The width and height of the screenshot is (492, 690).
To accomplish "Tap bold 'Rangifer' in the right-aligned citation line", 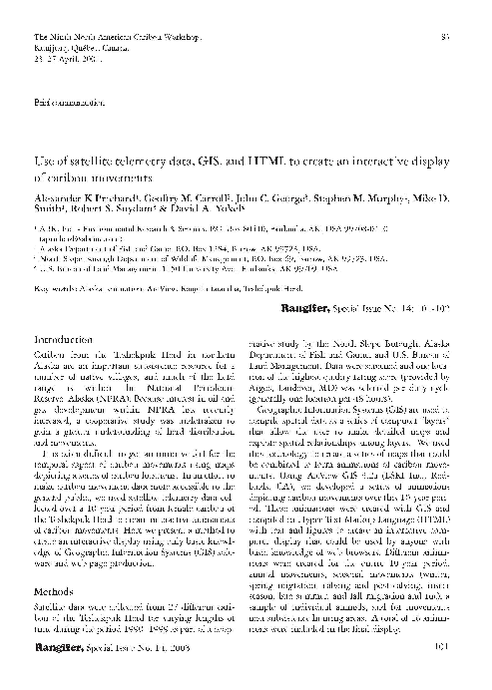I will click(x=311, y=311).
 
